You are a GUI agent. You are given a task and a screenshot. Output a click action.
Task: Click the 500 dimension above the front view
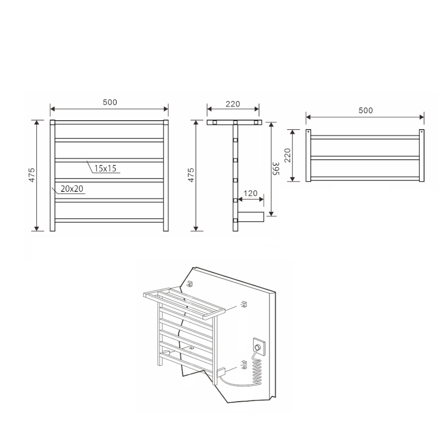(x=110, y=102)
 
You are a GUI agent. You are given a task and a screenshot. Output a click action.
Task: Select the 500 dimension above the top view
(x=365, y=110)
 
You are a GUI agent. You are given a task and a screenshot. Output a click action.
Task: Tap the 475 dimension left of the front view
(x=32, y=175)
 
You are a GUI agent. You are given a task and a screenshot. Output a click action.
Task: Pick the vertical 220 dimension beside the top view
(x=288, y=156)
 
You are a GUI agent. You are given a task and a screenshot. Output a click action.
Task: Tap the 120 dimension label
(x=250, y=193)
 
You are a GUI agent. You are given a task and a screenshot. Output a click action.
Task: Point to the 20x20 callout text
(x=72, y=189)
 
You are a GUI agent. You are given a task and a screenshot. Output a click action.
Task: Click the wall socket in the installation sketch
(x=259, y=347)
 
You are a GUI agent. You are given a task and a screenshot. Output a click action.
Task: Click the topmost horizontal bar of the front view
(x=109, y=122)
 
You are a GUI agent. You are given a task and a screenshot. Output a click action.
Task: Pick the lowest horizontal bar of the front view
(x=109, y=220)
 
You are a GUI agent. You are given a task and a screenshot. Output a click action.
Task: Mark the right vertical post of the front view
(x=166, y=175)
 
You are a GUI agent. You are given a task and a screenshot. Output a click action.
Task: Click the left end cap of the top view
(x=308, y=156)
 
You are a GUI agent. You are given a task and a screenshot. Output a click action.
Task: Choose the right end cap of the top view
(x=421, y=156)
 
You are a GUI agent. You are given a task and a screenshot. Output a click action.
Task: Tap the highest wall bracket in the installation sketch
(x=191, y=284)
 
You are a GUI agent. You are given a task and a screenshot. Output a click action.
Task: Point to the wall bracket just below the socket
(x=243, y=365)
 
